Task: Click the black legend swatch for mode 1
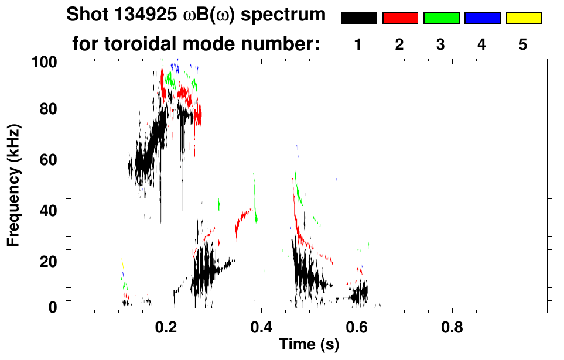coord(358,18)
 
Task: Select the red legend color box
coord(399,18)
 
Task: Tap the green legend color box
coord(441,18)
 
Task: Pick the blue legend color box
coord(482,18)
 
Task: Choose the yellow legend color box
coord(523,18)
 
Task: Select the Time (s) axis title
coord(309,345)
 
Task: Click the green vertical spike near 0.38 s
coord(254,190)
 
